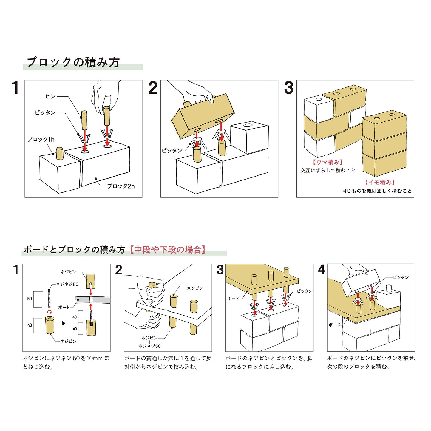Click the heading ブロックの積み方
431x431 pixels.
pos(73,62)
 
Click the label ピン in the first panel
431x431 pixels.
pos(50,96)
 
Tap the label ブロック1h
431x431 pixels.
pos(41,139)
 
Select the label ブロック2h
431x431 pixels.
pos(121,186)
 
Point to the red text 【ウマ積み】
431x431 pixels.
pos(328,162)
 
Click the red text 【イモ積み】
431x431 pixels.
pos(380,182)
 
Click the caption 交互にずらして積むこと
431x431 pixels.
pos(328,170)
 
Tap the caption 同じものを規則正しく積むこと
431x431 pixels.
pos(376,191)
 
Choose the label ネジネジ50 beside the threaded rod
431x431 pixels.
pos(67,284)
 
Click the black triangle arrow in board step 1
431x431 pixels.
pos(64,323)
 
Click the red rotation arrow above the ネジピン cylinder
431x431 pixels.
pos(50,312)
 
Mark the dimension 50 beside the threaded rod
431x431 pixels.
pos(30,299)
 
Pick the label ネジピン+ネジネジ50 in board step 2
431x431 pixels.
pos(149,342)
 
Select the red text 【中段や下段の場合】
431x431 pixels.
pos(168,250)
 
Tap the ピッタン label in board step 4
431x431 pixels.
pos(401,277)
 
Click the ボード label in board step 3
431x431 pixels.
pos(233,298)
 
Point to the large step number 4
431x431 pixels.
pos(321,270)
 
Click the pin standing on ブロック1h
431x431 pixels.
pos(60,153)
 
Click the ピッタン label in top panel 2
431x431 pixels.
pos(172,151)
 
